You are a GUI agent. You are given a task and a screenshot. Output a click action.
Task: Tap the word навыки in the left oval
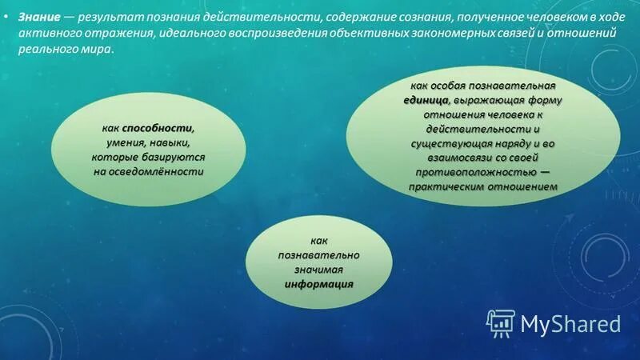point(172,142)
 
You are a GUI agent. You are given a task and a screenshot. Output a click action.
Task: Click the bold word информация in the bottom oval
point(318,284)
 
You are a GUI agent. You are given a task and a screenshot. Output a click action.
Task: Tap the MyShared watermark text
point(571,323)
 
